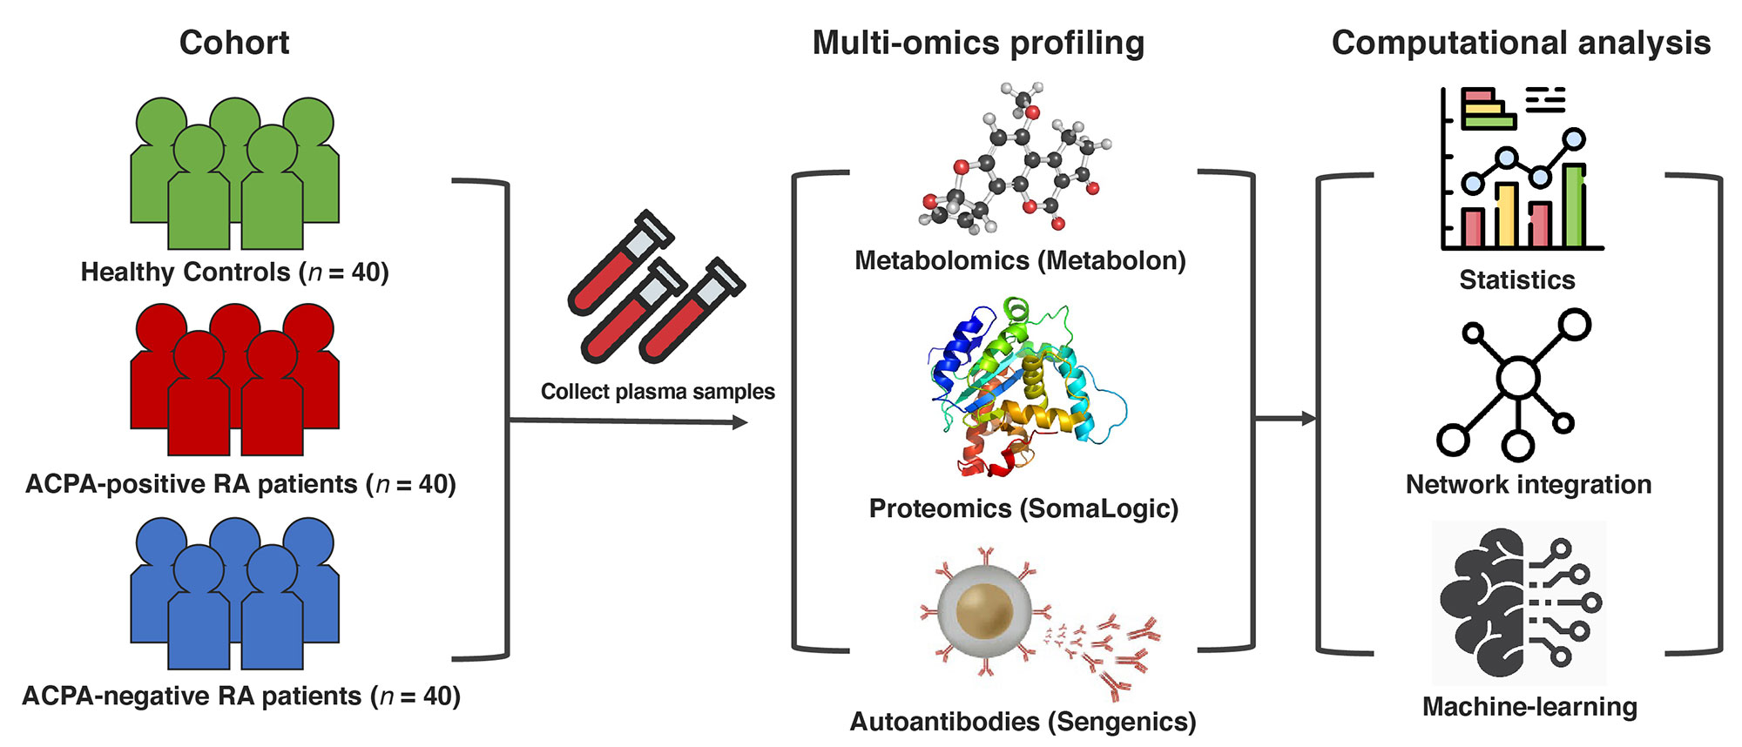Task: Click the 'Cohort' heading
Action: click(234, 43)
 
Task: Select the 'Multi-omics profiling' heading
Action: click(978, 43)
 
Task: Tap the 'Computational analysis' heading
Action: click(1521, 43)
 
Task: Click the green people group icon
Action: click(234, 173)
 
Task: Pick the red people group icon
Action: click(234, 380)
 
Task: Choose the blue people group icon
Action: click(234, 593)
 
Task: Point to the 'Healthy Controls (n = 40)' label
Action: click(234, 273)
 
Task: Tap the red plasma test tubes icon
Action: click(655, 288)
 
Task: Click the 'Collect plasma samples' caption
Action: click(658, 392)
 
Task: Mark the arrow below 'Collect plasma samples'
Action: click(627, 422)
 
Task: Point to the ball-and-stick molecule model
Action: click(1015, 161)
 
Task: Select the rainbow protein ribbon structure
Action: click(1023, 387)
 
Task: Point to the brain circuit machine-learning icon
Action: click(1519, 602)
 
